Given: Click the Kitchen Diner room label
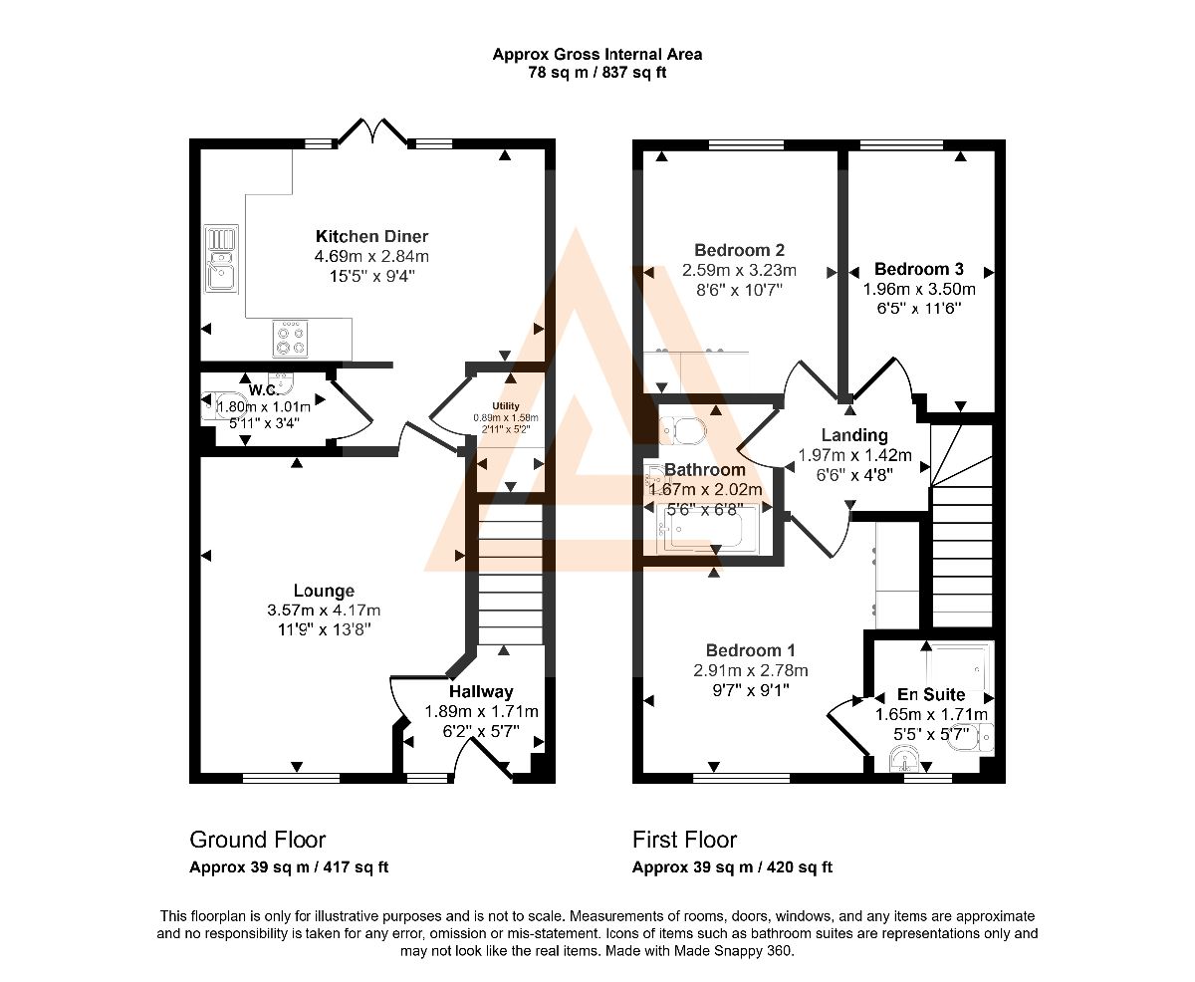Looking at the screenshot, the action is [371, 236].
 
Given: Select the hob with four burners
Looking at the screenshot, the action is [290, 339].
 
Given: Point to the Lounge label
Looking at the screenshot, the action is [324, 591].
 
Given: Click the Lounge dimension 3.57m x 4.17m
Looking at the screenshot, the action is [324, 611].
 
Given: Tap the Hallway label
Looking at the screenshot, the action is [481, 691].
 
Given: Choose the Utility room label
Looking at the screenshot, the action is [506, 405].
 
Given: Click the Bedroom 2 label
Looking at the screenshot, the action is [740, 250].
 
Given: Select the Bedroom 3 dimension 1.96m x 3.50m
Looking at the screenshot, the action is [919, 289].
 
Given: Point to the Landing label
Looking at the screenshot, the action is [854, 435].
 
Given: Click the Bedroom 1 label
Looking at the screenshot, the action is [750, 650].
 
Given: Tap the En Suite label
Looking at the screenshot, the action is [931, 694].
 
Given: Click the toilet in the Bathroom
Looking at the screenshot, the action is [682, 432].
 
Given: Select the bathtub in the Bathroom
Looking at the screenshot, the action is [707, 529].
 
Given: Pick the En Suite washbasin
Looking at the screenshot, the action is [904, 759].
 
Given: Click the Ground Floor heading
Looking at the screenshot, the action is [257, 840].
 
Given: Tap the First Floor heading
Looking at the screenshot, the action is [684, 840].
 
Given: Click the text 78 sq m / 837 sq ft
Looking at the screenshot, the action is [597, 73].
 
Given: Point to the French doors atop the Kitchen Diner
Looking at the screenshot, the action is [372, 132].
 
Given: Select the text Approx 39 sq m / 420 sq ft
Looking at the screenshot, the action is [732, 867].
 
